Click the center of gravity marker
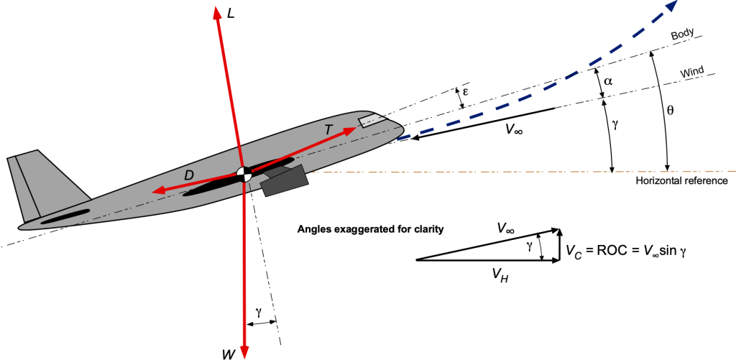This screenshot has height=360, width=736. [x=244, y=172]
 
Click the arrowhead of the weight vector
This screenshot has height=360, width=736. [x=244, y=351]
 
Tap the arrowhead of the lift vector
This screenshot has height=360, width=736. [x=216, y=13]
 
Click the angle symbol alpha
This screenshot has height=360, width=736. [x=608, y=81]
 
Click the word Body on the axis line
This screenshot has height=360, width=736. [x=680, y=34]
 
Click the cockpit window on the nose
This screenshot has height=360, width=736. [x=372, y=120]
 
